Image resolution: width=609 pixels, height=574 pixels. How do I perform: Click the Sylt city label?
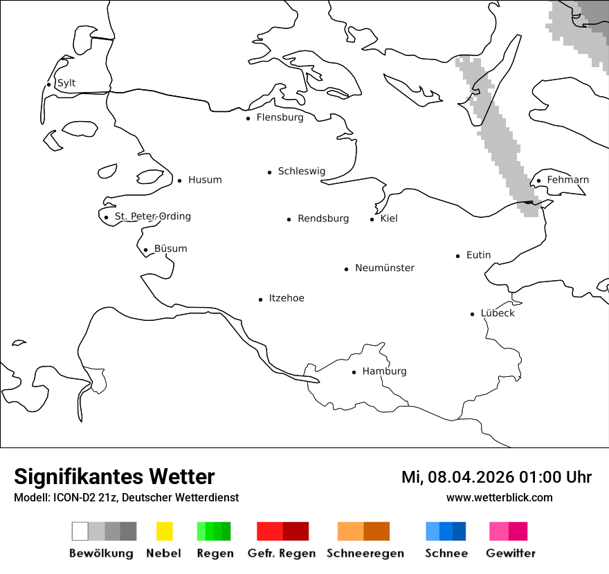pos(66,83)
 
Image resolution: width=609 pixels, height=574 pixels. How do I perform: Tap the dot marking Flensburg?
pos(248,118)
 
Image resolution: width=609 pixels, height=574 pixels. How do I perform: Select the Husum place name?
pos(205,180)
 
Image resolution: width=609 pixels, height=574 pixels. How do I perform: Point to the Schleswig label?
pos(301,172)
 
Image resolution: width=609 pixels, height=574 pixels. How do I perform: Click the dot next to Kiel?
pos(372,219)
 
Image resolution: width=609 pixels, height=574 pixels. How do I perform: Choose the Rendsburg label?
pos(323,219)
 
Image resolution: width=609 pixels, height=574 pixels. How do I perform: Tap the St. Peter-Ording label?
pos(152,216)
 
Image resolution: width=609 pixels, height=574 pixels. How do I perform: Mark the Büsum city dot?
pos(145,250)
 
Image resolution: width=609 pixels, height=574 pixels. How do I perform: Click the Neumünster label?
pos(385,268)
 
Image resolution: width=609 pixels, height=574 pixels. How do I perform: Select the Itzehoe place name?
pos(287,298)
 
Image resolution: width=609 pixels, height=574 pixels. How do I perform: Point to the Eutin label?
pos(478,255)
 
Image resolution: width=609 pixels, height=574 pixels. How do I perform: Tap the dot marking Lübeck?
pos(472,314)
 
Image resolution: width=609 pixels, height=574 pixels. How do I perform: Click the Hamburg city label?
pos(384,371)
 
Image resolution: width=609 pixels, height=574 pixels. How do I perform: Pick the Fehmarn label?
pos(567,180)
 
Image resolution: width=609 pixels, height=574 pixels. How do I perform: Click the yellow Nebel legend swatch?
pos(164,531)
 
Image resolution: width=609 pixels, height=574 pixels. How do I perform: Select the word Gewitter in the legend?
pos(510,553)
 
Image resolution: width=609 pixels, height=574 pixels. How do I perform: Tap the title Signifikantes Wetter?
pos(114,476)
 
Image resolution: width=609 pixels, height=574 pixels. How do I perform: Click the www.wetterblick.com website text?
pos(499,497)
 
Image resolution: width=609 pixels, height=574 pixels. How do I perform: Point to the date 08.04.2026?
pos(471,477)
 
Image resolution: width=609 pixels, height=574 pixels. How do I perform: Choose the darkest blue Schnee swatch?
pos(460,531)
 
